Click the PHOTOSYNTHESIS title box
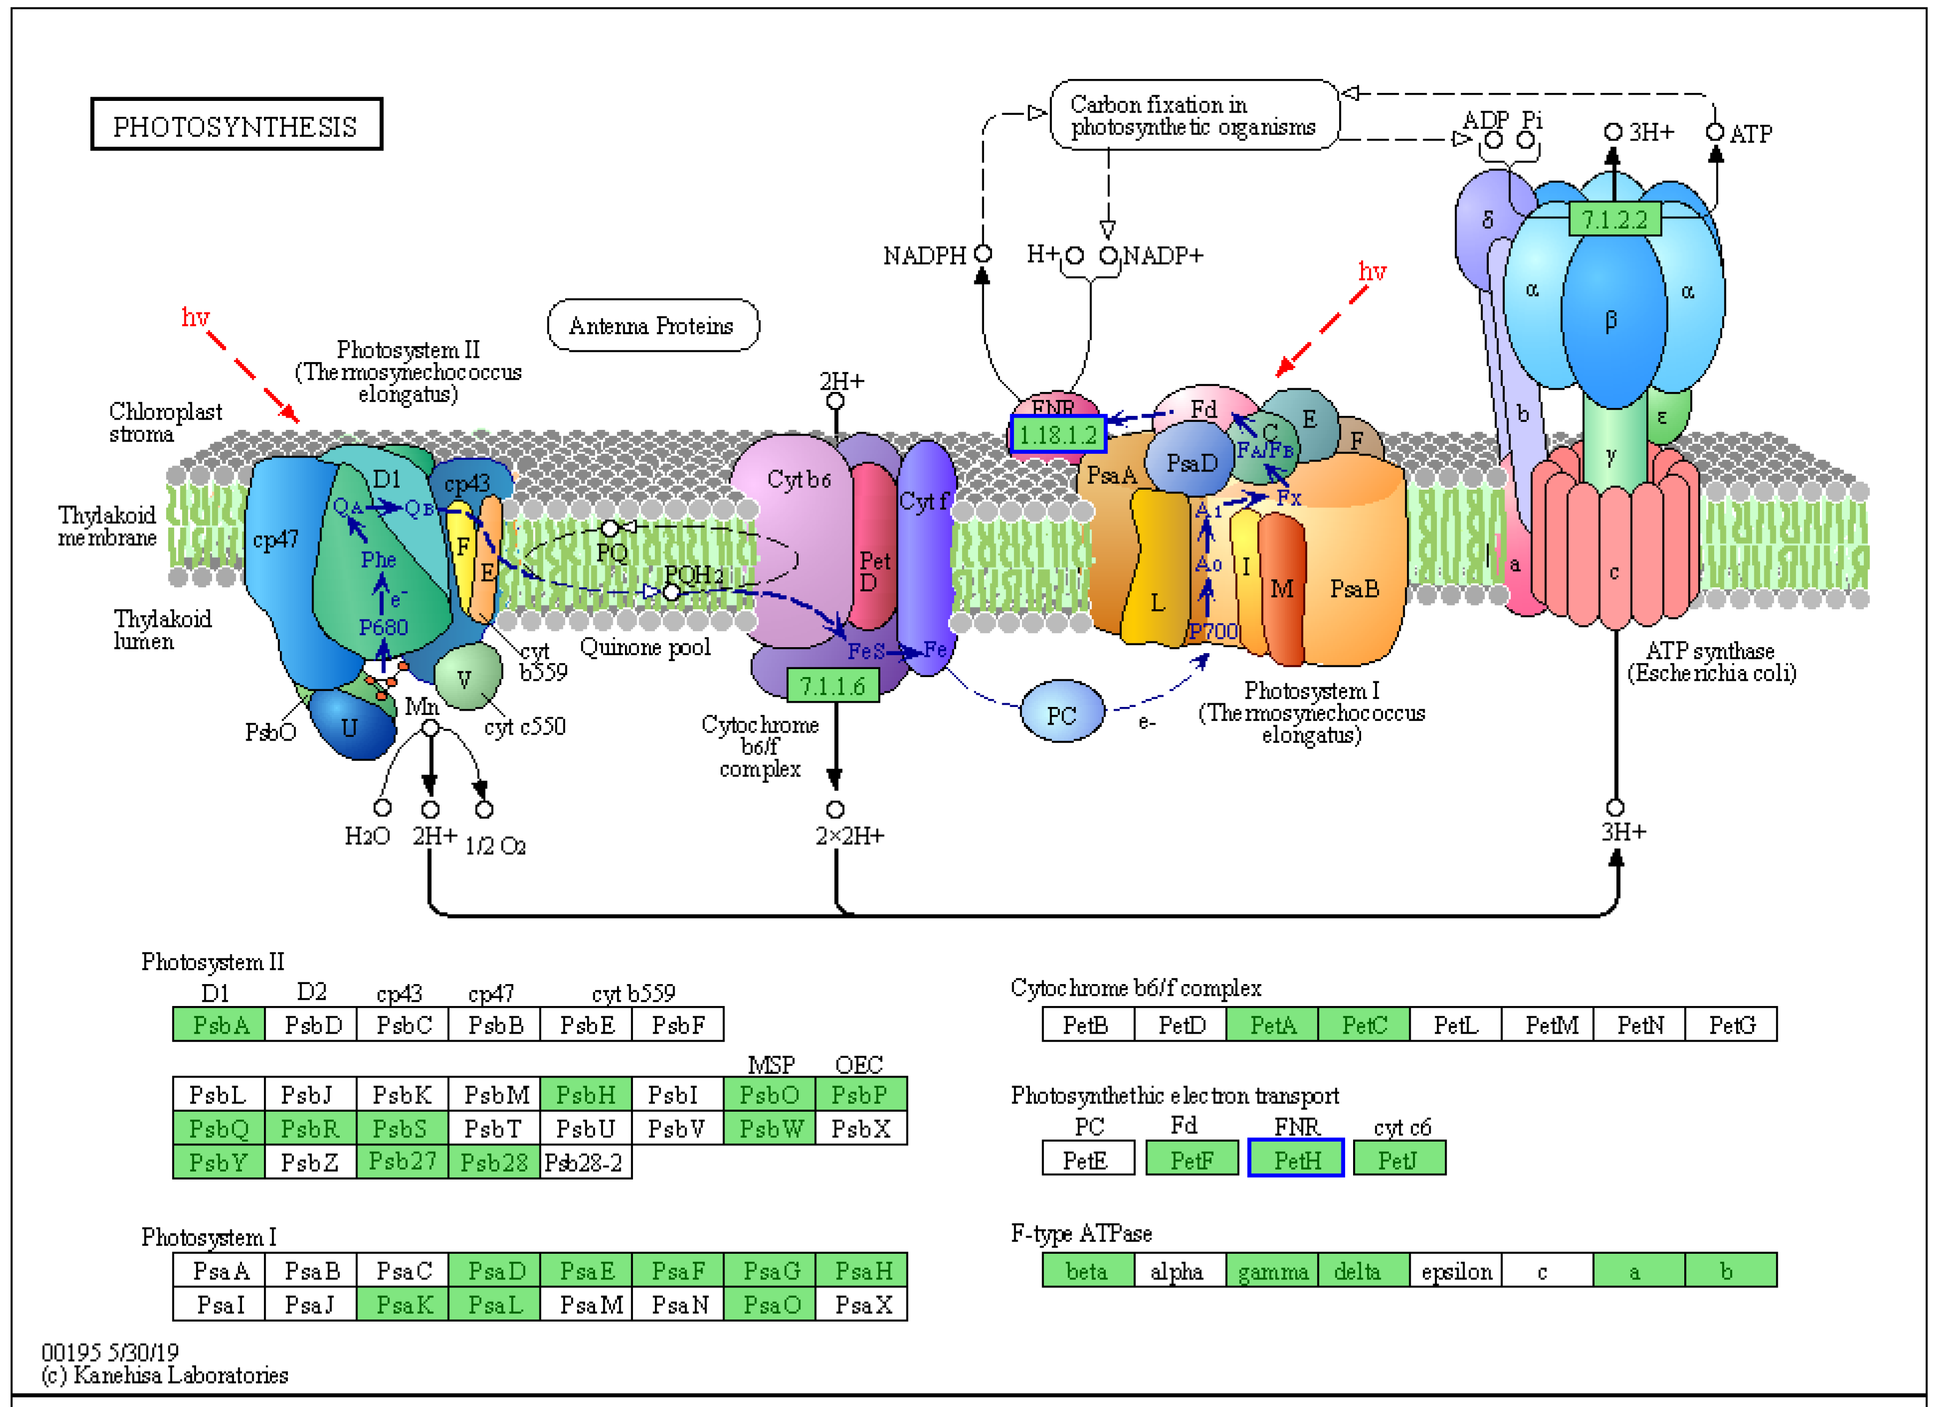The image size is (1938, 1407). (x=236, y=125)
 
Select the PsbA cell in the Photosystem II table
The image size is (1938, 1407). (x=219, y=1024)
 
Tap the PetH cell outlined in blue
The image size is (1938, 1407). (x=1295, y=1158)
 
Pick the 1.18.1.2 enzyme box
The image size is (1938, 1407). (x=1057, y=434)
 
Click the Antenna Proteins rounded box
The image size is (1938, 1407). (x=652, y=326)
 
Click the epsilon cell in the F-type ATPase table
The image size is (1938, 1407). (x=1456, y=1270)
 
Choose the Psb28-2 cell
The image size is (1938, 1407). (x=585, y=1162)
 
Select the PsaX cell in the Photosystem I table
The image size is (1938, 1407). (x=861, y=1304)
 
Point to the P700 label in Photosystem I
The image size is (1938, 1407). (x=1213, y=631)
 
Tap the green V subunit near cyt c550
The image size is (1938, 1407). (x=466, y=678)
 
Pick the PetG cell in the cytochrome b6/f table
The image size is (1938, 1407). (x=1731, y=1024)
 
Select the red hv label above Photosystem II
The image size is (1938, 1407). (x=195, y=318)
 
